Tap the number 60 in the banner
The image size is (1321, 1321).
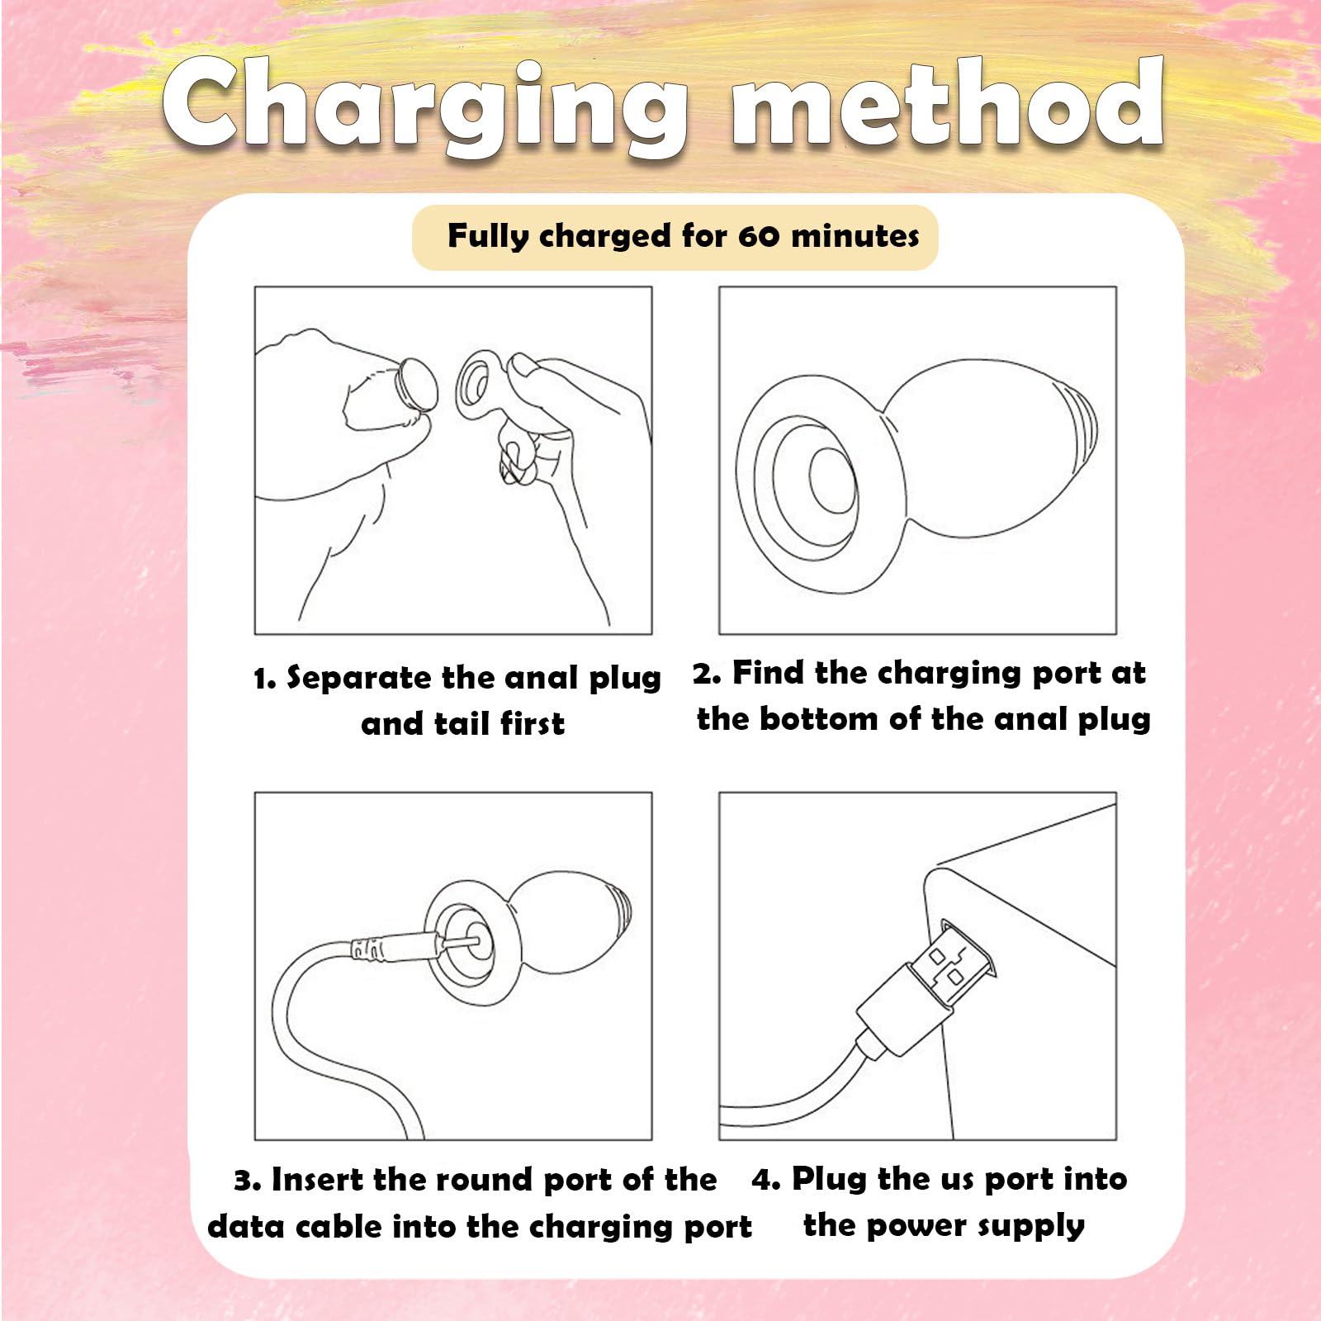tap(759, 236)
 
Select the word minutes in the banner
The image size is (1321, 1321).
tap(855, 236)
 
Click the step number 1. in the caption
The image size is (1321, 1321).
tap(265, 679)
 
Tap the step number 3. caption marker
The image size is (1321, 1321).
tap(248, 1181)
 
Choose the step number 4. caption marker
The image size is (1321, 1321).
tap(766, 1180)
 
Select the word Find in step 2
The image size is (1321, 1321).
tap(768, 673)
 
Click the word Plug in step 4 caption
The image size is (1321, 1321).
tap(830, 1181)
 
